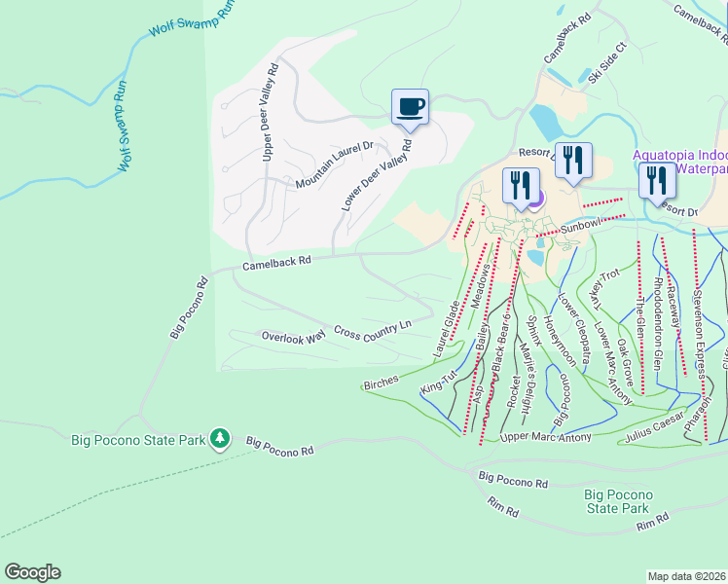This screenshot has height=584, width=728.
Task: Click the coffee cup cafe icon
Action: click(410, 106)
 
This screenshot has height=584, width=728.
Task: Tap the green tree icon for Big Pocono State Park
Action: click(221, 439)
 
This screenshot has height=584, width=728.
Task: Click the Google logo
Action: click(32, 572)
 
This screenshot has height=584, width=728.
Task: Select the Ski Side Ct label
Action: click(607, 60)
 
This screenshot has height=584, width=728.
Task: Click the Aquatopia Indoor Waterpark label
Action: click(679, 162)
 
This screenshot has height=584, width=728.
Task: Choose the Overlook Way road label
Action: click(293, 337)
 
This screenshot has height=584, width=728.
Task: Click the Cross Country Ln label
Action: click(373, 331)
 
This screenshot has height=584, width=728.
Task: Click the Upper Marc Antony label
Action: click(545, 437)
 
